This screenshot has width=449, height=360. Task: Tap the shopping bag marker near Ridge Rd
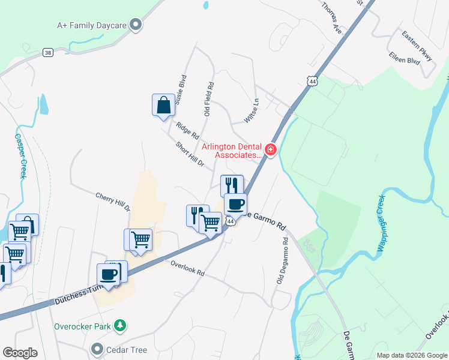163,106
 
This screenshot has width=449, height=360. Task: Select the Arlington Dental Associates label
233,150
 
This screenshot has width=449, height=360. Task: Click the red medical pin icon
271,149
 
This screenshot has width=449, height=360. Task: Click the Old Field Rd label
208,99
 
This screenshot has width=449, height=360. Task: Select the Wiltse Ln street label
251,112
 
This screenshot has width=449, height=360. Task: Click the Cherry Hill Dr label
113,202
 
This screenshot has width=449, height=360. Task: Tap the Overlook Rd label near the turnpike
187,268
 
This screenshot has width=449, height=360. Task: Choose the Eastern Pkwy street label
417,46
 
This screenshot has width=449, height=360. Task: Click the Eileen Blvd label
404,61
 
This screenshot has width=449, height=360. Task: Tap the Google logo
20,352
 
